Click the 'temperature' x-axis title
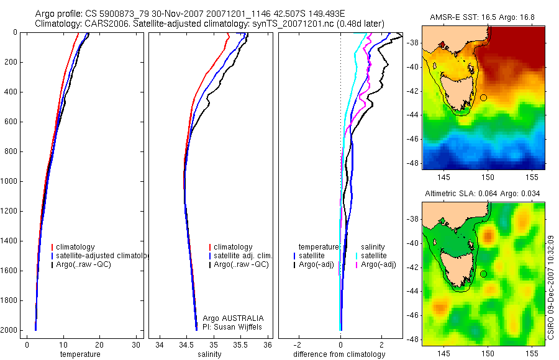tap(80, 354)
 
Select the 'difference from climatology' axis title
tap(340, 354)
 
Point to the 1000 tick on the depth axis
tap(9, 181)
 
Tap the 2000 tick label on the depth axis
tap(9, 330)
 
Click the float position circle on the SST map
tap(483, 97)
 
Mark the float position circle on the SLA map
tap(483, 274)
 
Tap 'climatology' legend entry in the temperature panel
tap(75, 247)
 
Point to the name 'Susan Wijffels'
tap(234, 326)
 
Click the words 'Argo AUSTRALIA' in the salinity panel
tap(229, 318)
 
